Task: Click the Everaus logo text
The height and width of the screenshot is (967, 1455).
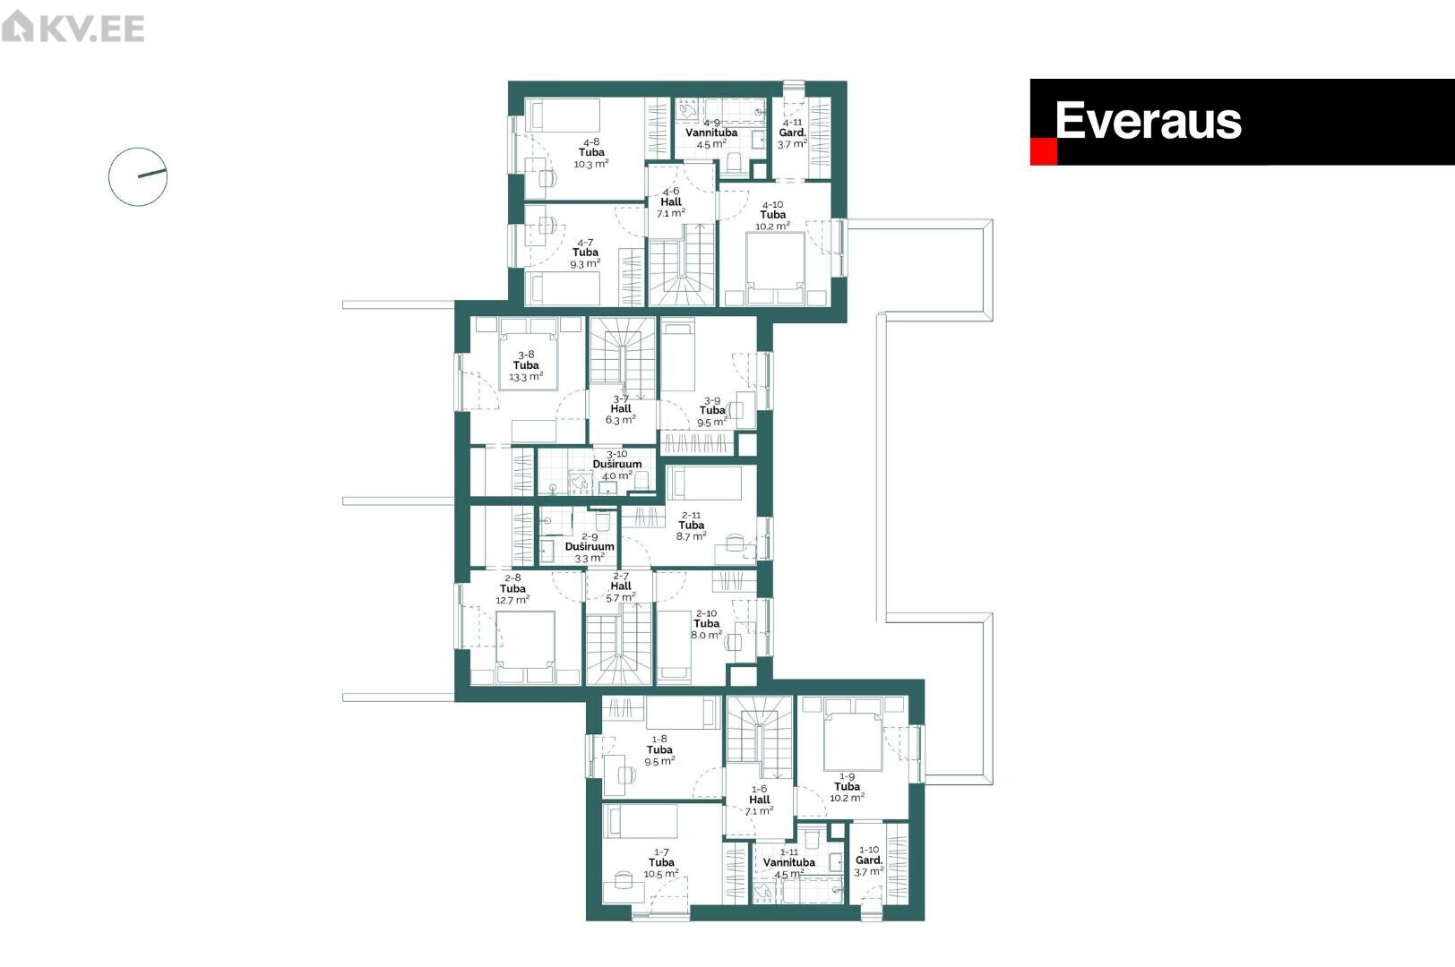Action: click(1148, 121)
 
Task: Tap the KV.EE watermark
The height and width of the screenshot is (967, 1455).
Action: click(73, 27)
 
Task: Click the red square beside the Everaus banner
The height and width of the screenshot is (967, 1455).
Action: click(1043, 151)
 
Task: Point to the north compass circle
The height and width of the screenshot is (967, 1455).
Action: click(138, 176)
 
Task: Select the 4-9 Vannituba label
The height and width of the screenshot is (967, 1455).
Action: click(711, 133)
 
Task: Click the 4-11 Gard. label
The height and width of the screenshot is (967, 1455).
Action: click(792, 133)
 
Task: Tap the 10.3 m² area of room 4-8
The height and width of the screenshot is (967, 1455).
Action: click(591, 164)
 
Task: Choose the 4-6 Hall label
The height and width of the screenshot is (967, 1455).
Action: click(671, 201)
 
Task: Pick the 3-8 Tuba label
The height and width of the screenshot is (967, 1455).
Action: click(526, 365)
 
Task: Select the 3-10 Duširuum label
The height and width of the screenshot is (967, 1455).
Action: click(617, 465)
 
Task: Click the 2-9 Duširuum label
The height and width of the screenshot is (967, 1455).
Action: click(590, 547)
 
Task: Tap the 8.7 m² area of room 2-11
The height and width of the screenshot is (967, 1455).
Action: click(691, 536)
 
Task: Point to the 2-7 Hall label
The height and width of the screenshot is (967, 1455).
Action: click(621, 586)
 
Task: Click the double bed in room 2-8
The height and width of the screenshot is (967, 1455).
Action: click(526, 646)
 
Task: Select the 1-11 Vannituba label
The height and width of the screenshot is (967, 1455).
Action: click(789, 863)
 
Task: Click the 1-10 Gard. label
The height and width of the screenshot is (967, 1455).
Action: click(869, 860)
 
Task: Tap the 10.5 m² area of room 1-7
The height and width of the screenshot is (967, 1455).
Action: click(661, 874)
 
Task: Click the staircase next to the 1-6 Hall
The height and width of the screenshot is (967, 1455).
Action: click(760, 737)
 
